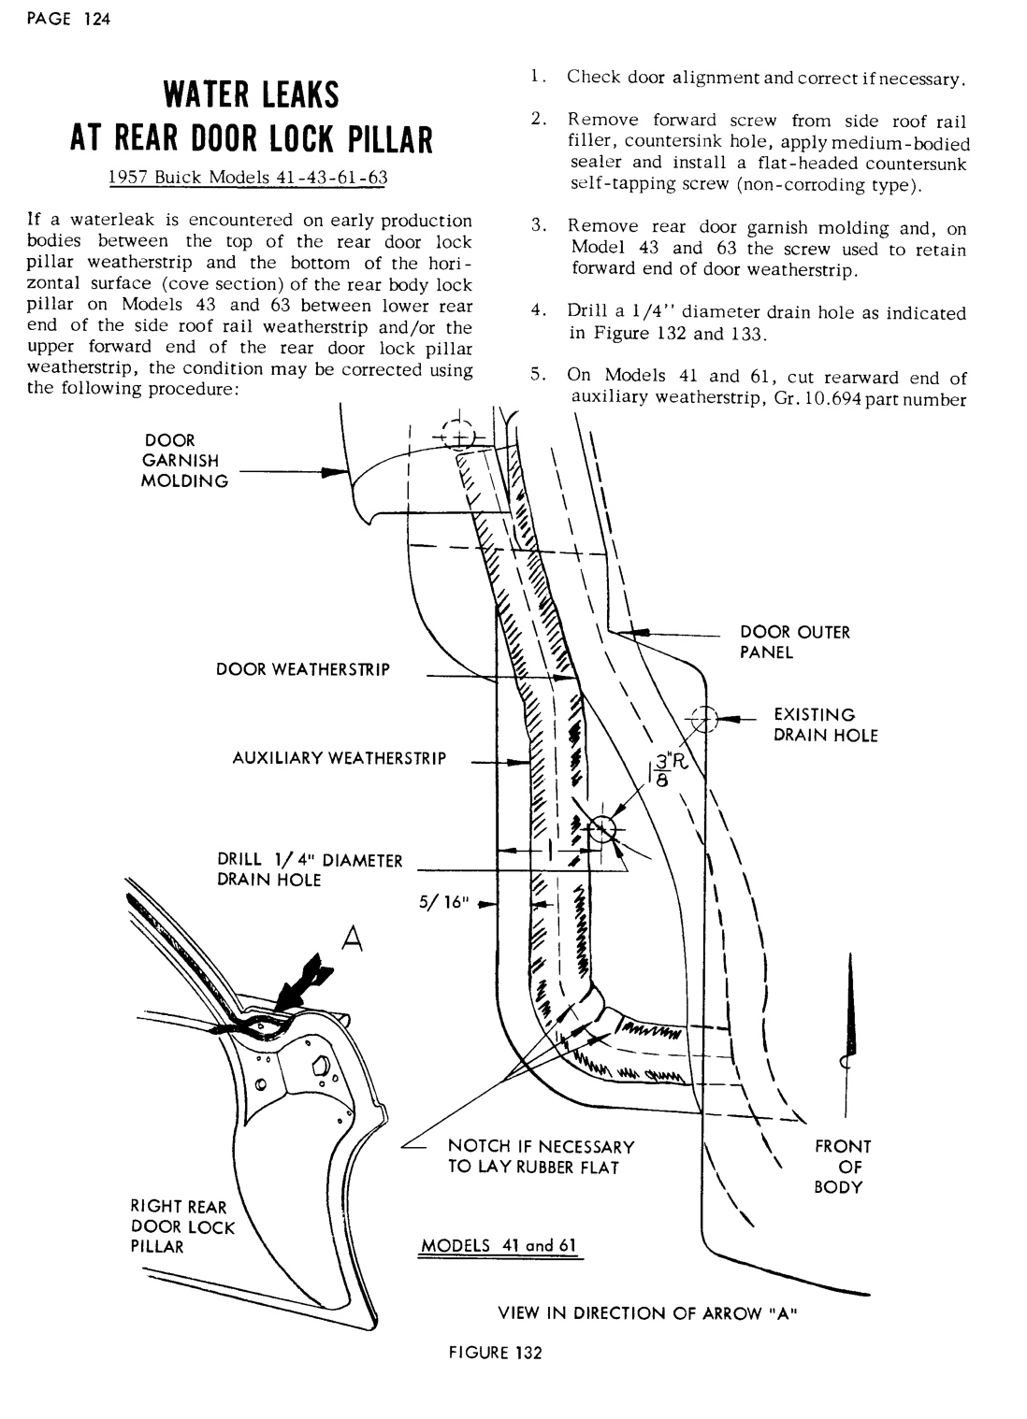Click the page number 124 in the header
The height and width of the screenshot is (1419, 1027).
click(96, 21)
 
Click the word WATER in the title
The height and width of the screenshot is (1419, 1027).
click(201, 95)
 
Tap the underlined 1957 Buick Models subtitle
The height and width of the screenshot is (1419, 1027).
click(248, 178)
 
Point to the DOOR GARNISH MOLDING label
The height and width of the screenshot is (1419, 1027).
click(184, 461)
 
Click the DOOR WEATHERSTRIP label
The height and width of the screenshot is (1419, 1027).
click(302, 669)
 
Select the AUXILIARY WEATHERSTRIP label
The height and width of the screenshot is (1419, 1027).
click(339, 758)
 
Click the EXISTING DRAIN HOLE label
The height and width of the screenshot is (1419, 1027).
click(825, 725)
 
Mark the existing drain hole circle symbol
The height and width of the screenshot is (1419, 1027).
click(703, 719)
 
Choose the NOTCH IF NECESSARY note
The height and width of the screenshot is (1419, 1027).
click(541, 1156)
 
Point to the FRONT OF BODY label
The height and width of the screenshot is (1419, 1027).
click(843, 1167)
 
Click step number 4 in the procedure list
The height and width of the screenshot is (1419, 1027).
click(536, 311)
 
